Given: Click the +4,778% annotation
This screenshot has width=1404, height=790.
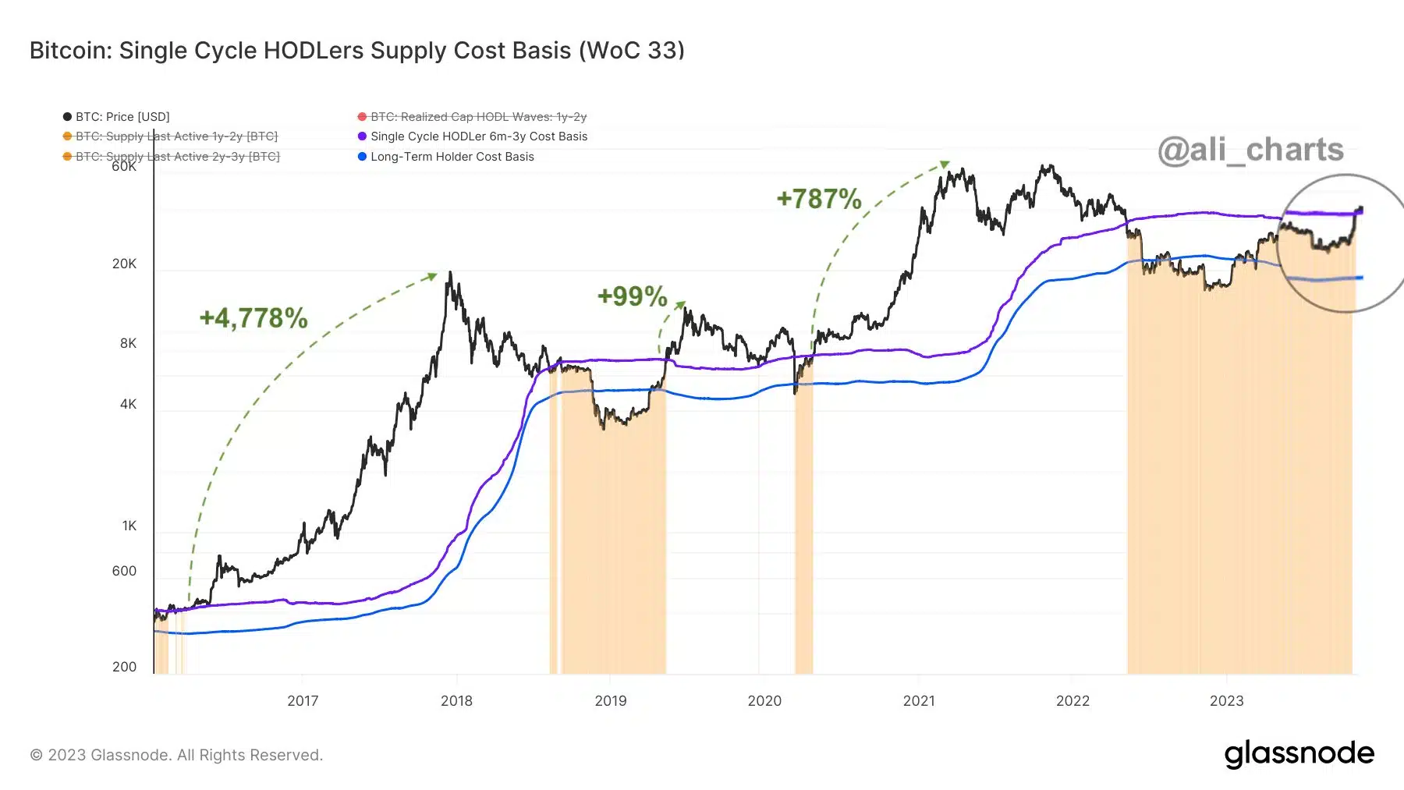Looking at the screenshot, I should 253,318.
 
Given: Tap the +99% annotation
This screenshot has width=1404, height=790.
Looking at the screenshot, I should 632,296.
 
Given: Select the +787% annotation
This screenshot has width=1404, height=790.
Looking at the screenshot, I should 819,199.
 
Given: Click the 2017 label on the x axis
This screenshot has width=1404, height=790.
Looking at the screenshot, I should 303,700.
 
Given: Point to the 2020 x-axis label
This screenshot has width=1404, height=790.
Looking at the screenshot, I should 764,700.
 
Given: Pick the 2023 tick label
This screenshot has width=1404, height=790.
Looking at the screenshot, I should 1226,700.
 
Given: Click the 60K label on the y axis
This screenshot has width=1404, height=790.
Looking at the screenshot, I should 124,166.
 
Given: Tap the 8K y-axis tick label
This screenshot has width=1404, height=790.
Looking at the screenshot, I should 128,343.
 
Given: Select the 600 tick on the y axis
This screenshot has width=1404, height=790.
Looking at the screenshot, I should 124,571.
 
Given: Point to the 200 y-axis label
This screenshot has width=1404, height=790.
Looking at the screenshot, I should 124,667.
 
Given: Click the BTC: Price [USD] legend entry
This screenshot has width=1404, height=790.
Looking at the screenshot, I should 122,117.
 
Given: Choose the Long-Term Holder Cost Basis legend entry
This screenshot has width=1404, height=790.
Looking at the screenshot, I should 452,157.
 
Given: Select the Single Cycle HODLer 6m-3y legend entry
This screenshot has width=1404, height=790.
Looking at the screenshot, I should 478,136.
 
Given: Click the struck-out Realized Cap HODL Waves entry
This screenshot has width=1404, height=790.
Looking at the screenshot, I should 477,117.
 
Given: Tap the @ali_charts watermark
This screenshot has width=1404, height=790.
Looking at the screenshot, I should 1250,150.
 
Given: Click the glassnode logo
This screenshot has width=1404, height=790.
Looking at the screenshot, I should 1299,754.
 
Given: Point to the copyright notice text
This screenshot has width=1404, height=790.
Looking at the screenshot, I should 176,755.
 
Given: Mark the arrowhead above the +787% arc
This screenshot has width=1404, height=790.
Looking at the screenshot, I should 945,164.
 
